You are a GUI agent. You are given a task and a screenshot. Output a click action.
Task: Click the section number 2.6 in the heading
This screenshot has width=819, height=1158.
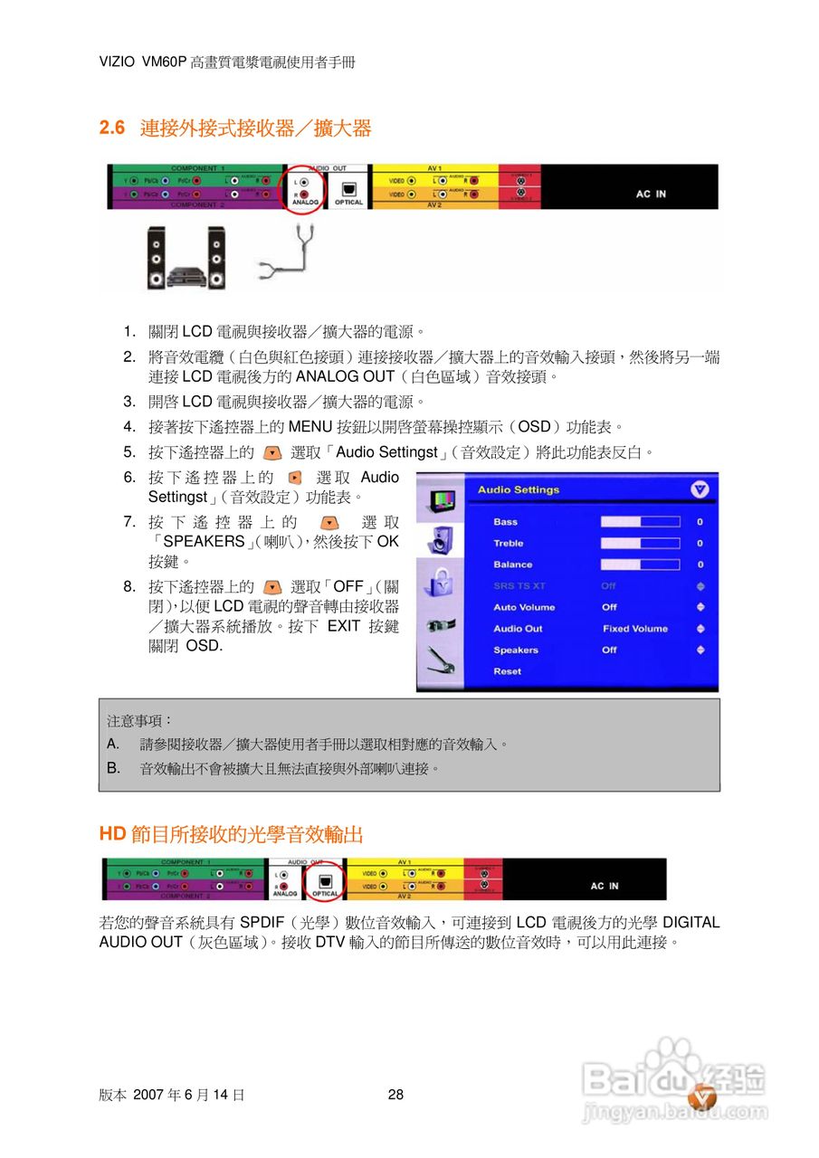(112, 128)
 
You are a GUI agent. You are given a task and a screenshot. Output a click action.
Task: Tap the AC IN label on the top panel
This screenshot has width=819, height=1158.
(650, 194)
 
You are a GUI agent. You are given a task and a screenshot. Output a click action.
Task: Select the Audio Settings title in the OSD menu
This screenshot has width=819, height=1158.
(519, 490)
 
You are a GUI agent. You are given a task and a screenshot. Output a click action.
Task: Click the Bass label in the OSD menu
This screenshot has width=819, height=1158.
(506, 522)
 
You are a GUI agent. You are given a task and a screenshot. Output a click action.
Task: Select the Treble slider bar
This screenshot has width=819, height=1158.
(640, 544)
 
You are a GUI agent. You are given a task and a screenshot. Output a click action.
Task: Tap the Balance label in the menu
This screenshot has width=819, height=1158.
(512, 565)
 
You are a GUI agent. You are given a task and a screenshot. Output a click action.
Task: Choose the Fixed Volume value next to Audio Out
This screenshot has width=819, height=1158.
(635, 629)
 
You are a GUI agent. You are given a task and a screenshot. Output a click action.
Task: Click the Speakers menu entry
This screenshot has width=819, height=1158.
(516, 650)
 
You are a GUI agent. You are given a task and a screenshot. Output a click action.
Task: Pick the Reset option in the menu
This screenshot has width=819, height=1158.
(508, 671)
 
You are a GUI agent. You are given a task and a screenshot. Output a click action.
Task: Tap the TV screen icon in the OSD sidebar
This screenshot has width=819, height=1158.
(438, 500)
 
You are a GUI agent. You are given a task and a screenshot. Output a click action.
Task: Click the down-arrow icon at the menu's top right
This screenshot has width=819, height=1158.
(700, 489)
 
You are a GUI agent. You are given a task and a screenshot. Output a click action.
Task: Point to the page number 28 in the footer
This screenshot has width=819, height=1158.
(395, 1095)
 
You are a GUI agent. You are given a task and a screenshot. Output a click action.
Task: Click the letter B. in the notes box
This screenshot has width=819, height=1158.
(113, 768)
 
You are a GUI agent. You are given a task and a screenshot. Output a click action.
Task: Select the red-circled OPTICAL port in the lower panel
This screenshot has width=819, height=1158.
(326, 880)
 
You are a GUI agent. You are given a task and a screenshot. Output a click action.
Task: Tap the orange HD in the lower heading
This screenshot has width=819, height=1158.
(112, 834)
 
